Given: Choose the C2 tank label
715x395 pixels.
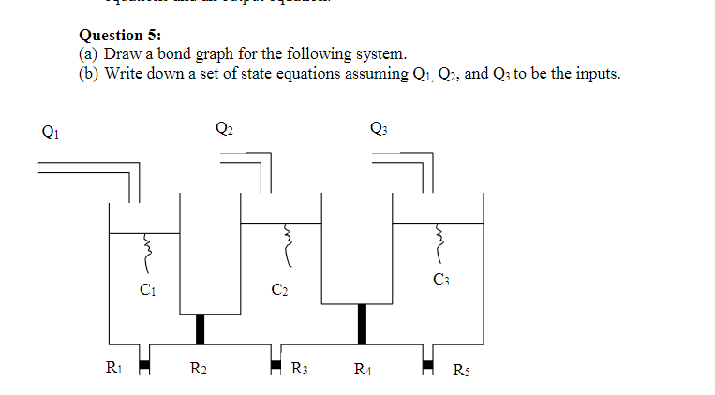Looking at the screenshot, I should click(x=278, y=289).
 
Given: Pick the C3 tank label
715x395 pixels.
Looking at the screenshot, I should click(x=440, y=279).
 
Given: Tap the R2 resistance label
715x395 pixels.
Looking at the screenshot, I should click(x=199, y=368).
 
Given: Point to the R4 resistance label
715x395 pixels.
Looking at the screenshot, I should click(x=362, y=368).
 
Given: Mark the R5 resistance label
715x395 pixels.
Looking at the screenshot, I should click(x=461, y=368).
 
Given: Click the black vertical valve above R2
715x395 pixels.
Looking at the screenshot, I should click(x=200, y=329).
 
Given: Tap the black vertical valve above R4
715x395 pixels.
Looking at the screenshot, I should click(x=362, y=324).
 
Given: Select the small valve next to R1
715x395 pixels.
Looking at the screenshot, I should click(x=144, y=364).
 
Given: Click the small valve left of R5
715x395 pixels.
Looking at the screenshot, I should click(x=427, y=364).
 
